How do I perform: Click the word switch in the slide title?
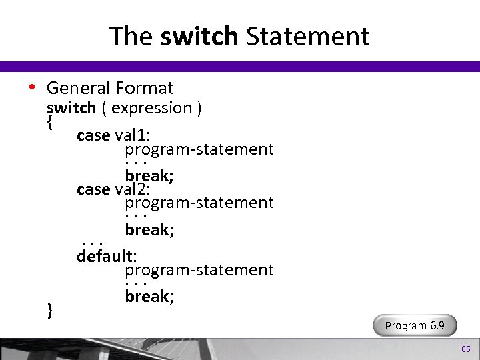[199, 36]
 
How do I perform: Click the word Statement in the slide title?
[307, 36]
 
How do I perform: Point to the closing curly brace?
[50, 309]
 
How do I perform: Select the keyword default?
[105, 256]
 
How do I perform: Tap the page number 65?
[465, 349]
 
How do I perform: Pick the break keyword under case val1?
[148, 176]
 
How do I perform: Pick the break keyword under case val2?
[148, 230]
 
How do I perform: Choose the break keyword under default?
[148, 297]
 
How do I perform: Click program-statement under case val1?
[199, 149]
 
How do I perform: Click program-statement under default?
[199, 270]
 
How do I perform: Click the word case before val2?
[93, 189]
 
